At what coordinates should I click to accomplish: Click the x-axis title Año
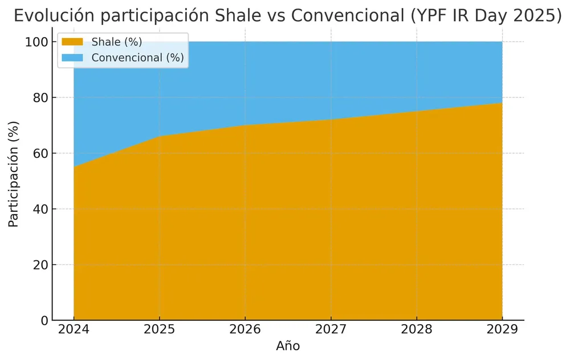tap(288, 346)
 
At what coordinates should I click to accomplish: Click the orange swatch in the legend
tap(72, 42)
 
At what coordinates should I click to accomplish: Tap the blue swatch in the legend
tap(72, 58)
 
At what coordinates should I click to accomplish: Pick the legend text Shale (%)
tap(117, 42)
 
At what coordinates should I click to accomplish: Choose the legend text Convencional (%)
tap(137, 58)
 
